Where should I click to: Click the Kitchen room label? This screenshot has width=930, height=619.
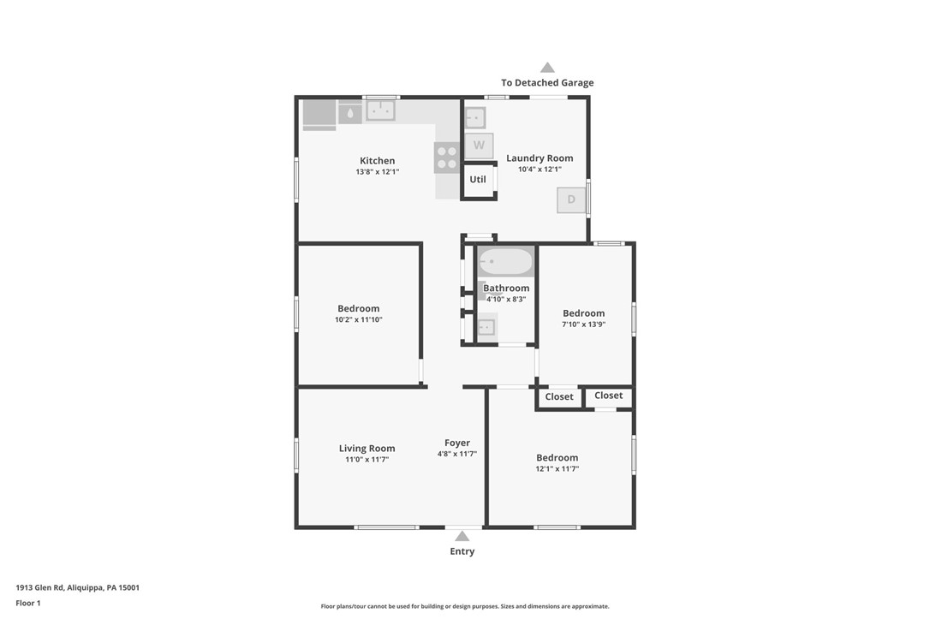(x=377, y=161)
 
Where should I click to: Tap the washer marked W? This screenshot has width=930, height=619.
(x=479, y=146)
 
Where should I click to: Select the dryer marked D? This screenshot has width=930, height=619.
(x=571, y=199)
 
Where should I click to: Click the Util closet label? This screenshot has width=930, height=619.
(x=478, y=180)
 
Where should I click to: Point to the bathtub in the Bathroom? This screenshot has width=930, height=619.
(x=506, y=261)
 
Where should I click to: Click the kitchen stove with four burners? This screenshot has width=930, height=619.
(x=447, y=158)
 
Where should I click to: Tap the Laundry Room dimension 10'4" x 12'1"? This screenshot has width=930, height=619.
(x=540, y=169)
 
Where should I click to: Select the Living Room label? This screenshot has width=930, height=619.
(x=367, y=449)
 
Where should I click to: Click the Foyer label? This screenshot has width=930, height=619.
(x=457, y=443)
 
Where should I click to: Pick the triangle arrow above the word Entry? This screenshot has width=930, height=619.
(x=462, y=536)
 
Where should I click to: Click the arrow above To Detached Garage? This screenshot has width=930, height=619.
(x=547, y=68)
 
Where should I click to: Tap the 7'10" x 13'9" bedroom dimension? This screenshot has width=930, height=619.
(x=584, y=324)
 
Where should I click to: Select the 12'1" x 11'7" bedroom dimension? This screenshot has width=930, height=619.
(x=557, y=468)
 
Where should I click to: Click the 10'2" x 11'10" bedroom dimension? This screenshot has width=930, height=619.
(x=358, y=319)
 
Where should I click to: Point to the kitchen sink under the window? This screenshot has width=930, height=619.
(x=381, y=110)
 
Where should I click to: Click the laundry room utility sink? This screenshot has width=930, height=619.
(x=475, y=118)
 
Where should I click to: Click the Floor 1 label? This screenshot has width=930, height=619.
(x=28, y=603)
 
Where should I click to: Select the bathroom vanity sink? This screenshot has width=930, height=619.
(x=486, y=327)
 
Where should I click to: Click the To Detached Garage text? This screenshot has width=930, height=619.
(x=547, y=83)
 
